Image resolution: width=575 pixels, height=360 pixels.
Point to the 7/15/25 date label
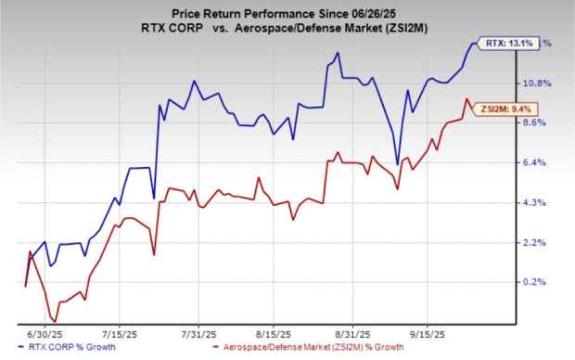pyautogui.click(x=120, y=331)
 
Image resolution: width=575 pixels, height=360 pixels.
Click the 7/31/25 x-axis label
pyautogui.click(x=198, y=331)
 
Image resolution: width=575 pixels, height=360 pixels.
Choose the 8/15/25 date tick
pyautogui.click(x=275, y=331)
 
